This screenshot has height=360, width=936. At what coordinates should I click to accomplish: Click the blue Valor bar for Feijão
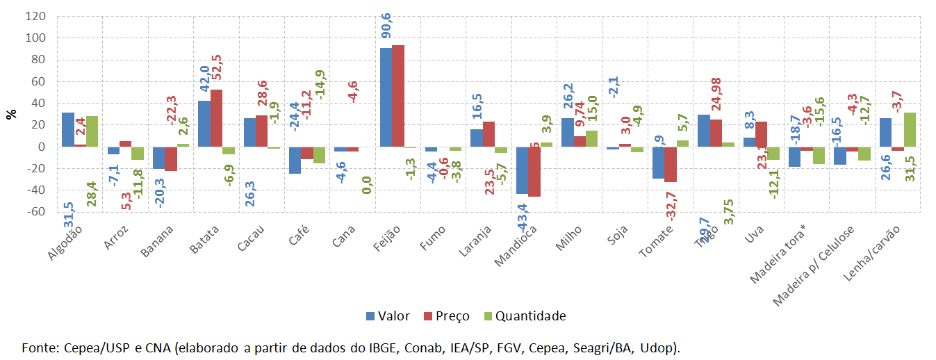386,97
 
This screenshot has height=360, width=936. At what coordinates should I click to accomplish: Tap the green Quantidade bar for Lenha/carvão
910,129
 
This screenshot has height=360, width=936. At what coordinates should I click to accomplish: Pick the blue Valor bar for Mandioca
522,170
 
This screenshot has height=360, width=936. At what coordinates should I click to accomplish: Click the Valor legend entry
388,316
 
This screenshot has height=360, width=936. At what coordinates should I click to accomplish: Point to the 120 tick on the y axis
35,15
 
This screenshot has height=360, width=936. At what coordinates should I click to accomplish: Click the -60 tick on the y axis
35,212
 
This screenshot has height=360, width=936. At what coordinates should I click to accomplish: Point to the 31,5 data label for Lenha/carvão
910,167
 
